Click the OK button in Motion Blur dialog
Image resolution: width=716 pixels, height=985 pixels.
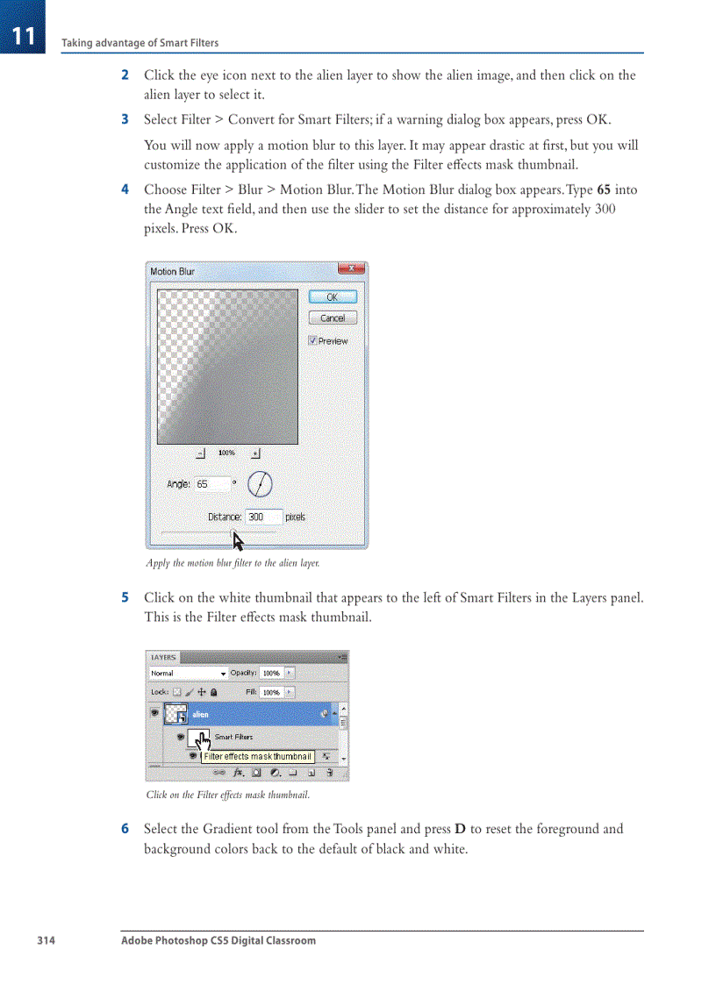click(333, 297)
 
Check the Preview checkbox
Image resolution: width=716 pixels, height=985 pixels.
click(313, 340)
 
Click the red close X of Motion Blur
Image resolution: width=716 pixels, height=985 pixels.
click(353, 270)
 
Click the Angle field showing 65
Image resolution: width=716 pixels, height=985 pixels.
click(211, 484)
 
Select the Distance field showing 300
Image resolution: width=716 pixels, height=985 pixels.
click(263, 517)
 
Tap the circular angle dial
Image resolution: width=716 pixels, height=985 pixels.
click(260, 484)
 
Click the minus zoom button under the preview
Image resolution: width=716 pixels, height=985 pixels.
click(200, 453)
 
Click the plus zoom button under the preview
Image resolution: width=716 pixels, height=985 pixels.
click(255, 453)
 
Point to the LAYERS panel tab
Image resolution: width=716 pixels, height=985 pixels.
click(164, 657)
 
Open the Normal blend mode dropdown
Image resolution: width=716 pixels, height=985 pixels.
click(189, 674)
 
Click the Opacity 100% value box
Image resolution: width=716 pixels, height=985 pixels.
click(271, 674)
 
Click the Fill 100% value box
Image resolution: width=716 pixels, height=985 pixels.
click(271, 692)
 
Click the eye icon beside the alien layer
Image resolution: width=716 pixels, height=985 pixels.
click(155, 714)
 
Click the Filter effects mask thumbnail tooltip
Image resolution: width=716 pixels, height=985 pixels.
click(257, 756)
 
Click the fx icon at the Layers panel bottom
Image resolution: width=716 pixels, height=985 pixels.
click(238, 773)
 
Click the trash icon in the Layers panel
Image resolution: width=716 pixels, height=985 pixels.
click(329, 773)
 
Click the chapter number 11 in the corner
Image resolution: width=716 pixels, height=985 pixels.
click(23, 36)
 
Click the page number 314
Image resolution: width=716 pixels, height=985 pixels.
click(46, 940)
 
